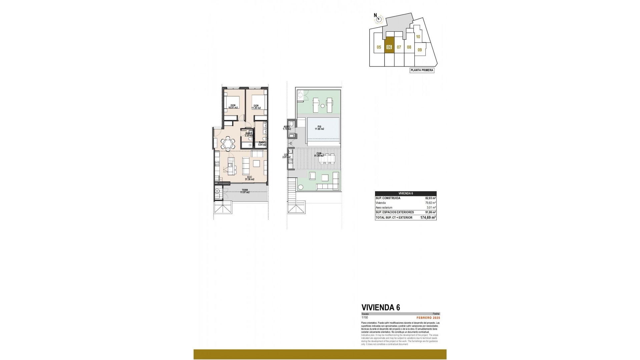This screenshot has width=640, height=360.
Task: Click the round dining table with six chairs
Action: coord(228,143)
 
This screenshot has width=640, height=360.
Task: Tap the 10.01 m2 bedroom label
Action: coord(233,107)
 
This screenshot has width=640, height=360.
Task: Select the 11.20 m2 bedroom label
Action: coord(256,107)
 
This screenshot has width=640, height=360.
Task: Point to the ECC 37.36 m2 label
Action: coord(249,178)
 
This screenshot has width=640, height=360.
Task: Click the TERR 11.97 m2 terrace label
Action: coord(245,191)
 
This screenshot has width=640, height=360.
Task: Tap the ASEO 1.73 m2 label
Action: coord(287,128)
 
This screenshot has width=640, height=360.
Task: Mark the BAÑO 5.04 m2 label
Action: coord(262,144)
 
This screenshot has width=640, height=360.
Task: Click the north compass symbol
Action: coord(378,19)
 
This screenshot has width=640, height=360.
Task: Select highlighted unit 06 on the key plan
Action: coord(389,47)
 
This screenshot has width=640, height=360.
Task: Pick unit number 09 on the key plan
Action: coord(420,50)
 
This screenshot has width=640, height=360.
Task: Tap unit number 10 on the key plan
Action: coord(418,37)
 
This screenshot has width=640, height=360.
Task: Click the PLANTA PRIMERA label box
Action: coord(422,70)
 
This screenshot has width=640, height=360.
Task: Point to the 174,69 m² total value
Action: coord(428,218)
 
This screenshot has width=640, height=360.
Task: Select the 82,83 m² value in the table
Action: coord(430,198)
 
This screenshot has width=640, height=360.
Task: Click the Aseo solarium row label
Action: coord(384,207)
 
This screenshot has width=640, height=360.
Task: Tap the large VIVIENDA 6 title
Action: coord(381,308)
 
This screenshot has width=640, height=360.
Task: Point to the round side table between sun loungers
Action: coord(323,106)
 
